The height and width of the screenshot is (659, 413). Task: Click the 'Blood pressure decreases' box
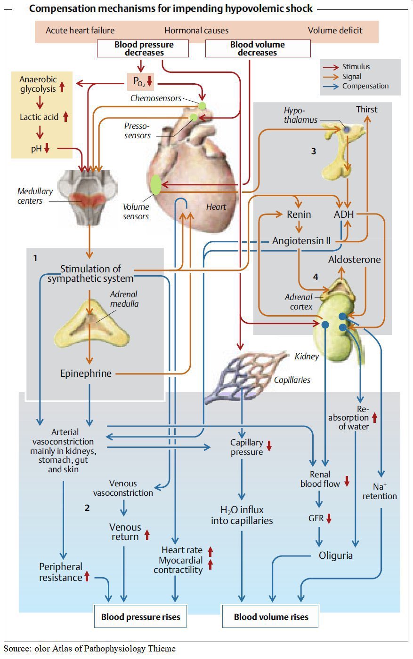143,48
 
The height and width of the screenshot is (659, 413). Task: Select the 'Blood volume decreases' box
258,48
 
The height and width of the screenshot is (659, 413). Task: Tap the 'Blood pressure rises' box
140,617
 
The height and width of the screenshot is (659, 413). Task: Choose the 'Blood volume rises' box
271,617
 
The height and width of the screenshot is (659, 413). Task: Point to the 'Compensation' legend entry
365,86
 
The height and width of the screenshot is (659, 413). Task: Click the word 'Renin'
299,214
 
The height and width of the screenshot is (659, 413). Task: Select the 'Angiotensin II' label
301,241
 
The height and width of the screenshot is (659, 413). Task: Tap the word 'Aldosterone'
354,260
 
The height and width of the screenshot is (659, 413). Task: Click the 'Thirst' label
366,110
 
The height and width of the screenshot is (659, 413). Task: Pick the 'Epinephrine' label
86,373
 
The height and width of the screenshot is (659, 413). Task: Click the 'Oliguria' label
335,556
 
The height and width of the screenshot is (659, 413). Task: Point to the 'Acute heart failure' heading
80,31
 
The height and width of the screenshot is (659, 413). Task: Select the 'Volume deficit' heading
335,31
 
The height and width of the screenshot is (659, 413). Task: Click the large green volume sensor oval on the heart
156,185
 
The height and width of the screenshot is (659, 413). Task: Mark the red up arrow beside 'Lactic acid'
65,117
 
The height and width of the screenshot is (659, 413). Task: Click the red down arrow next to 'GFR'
329,518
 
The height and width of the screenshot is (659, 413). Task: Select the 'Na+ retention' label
380,492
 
